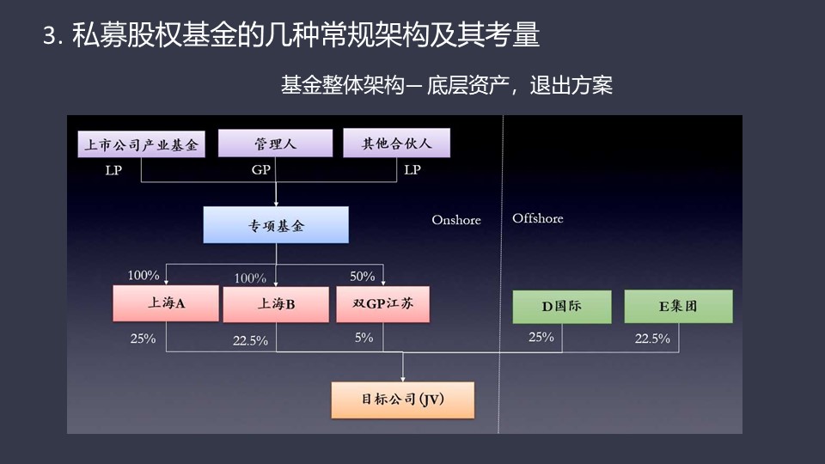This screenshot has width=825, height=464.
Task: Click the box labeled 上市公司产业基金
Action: point(141,144)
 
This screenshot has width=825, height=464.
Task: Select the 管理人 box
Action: point(275,143)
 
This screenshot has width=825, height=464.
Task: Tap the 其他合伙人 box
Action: point(397,143)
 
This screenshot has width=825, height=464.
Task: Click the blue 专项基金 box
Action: point(276,224)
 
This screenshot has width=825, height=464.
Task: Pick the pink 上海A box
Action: point(166,303)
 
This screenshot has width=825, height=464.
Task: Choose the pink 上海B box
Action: point(276,304)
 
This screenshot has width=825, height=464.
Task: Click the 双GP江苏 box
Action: point(382,304)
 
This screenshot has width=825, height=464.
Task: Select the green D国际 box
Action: point(562,307)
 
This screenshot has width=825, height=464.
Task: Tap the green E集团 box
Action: point(678,306)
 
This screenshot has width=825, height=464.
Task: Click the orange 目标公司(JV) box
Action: point(402,400)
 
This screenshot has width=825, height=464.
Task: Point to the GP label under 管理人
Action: point(261,169)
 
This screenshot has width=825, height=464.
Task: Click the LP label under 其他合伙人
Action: point(412,169)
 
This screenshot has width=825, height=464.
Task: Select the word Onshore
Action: point(456,220)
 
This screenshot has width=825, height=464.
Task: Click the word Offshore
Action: point(538,218)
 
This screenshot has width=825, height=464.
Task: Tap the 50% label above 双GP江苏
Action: point(363,276)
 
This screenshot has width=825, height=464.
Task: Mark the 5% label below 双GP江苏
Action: point(364,337)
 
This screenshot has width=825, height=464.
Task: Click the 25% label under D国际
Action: point(541,337)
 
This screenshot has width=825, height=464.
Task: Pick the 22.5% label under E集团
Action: point(652,339)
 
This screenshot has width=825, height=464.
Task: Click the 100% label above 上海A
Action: point(144,275)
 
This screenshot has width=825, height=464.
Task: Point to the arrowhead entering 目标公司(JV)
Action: point(403,379)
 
